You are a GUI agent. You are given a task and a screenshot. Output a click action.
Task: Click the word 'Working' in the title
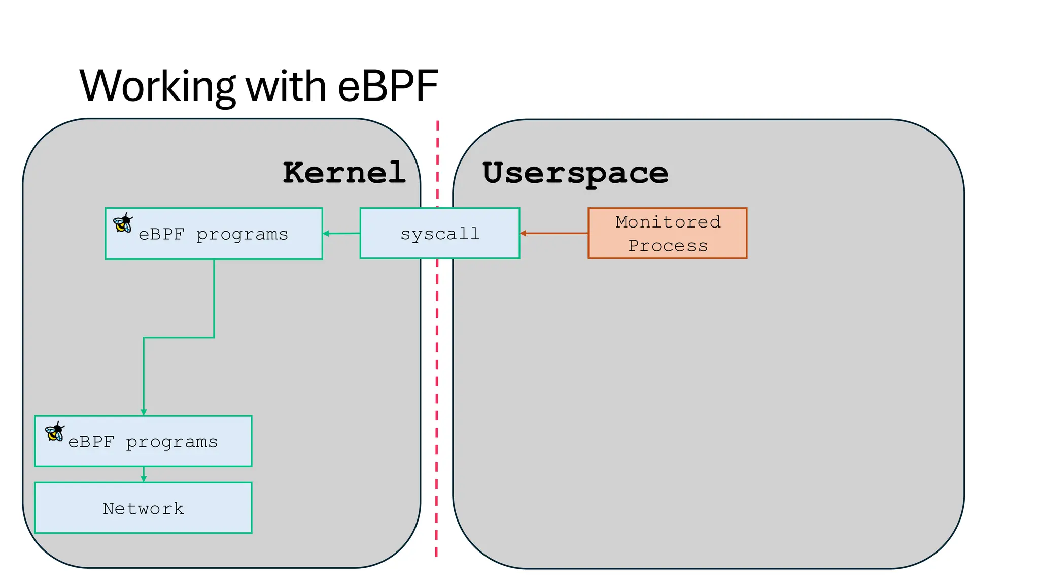click(157, 86)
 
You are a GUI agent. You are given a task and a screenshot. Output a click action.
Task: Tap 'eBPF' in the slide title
click(388, 86)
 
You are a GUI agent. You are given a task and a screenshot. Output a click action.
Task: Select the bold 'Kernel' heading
click(344, 173)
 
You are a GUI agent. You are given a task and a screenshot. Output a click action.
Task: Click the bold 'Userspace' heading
click(575, 173)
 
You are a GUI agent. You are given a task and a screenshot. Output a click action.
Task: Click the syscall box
click(440, 234)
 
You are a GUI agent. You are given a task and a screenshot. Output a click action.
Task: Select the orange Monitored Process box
click(667, 234)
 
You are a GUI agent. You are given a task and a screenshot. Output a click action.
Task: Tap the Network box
click(143, 508)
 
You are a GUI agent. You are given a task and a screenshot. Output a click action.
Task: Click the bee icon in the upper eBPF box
click(123, 223)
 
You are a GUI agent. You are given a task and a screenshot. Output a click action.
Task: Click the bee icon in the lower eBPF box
click(54, 432)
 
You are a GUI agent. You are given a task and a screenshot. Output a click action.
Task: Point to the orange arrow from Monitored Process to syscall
click(554, 233)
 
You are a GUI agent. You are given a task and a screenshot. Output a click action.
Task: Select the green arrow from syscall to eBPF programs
click(341, 234)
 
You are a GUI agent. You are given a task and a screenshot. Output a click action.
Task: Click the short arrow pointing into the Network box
click(144, 475)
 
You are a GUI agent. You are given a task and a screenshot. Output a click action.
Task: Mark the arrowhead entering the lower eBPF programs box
click(144, 412)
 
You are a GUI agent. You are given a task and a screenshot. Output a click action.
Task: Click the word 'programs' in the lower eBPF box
click(171, 443)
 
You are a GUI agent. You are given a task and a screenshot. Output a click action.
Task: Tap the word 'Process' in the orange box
click(668, 246)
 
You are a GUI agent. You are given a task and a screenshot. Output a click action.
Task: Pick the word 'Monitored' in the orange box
click(668, 222)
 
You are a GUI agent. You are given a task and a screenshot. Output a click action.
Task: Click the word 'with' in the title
click(286, 86)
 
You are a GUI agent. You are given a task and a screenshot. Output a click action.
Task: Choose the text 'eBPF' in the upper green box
click(161, 234)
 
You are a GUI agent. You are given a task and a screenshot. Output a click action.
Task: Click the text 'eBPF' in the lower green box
click(91, 442)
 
